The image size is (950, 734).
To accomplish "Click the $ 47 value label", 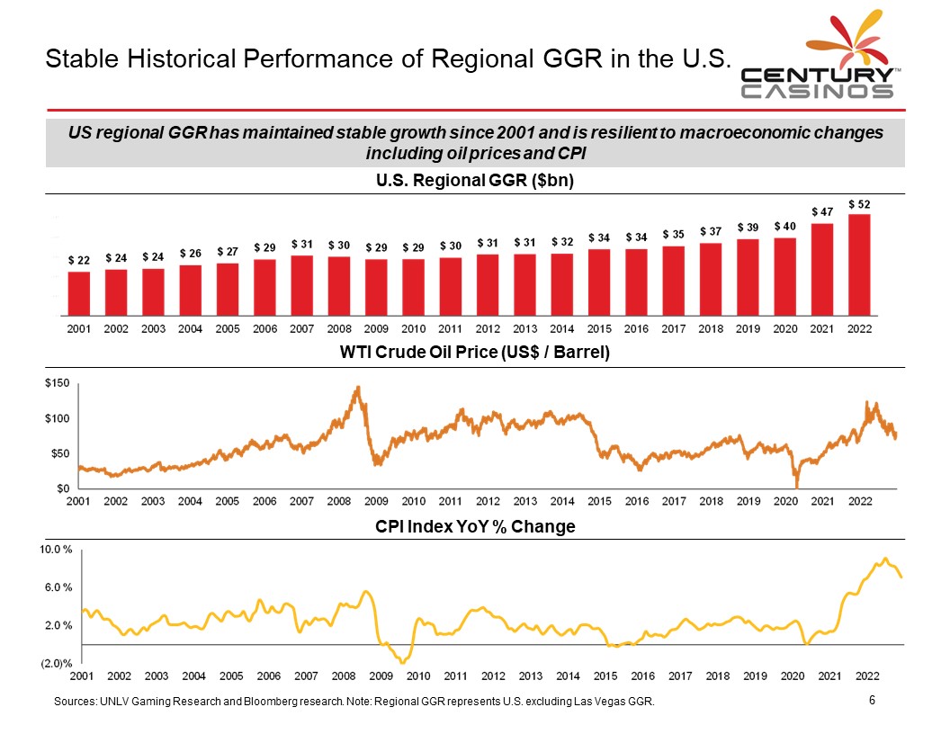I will pos(821,210).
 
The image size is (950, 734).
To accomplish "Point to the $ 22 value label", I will pos(79,260).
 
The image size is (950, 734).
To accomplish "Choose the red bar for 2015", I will pos(599,281).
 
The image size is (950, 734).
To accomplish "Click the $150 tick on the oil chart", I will pos(57,384).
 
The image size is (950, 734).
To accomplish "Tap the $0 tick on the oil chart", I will pos(60,488).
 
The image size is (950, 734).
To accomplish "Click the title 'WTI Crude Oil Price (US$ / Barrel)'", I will pos(475,354).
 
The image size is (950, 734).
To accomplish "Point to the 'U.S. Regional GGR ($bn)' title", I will pos(475,181).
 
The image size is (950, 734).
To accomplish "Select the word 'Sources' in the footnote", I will pos(75,702).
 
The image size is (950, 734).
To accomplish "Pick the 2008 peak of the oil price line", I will pos(359,388).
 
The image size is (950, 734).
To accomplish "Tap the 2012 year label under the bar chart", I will pos(488,328).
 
